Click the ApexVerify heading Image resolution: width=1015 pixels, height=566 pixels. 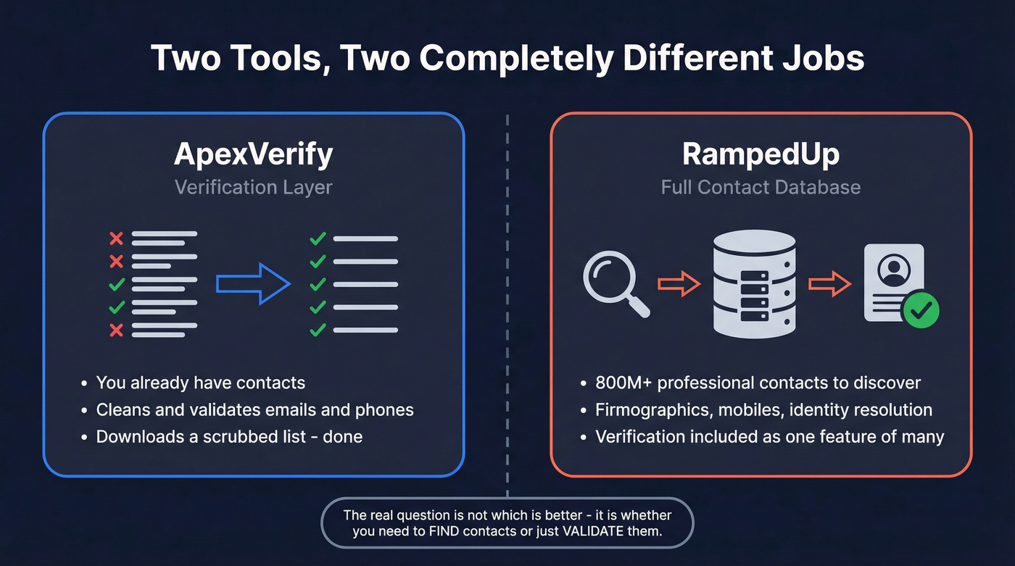(253, 154)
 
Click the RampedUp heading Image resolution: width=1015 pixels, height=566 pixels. (761, 154)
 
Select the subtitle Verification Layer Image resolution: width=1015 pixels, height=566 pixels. (253, 187)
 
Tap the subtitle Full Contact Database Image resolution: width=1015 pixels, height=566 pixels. (761, 187)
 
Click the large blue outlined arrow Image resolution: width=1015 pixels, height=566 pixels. (253, 283)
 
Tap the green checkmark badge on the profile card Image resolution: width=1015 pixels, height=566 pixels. (921, 311)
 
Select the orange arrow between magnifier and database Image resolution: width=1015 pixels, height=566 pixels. (679, 283)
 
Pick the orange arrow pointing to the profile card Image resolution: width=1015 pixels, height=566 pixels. (829, 283)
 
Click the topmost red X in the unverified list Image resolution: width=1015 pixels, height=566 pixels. (116, 238)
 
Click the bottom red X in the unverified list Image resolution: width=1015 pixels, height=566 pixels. (116, 330)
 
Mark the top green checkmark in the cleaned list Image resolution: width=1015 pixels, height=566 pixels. (318, 238)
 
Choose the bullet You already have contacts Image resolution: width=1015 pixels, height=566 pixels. (201, 383)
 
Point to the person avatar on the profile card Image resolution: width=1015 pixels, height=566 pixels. (893, 270)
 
